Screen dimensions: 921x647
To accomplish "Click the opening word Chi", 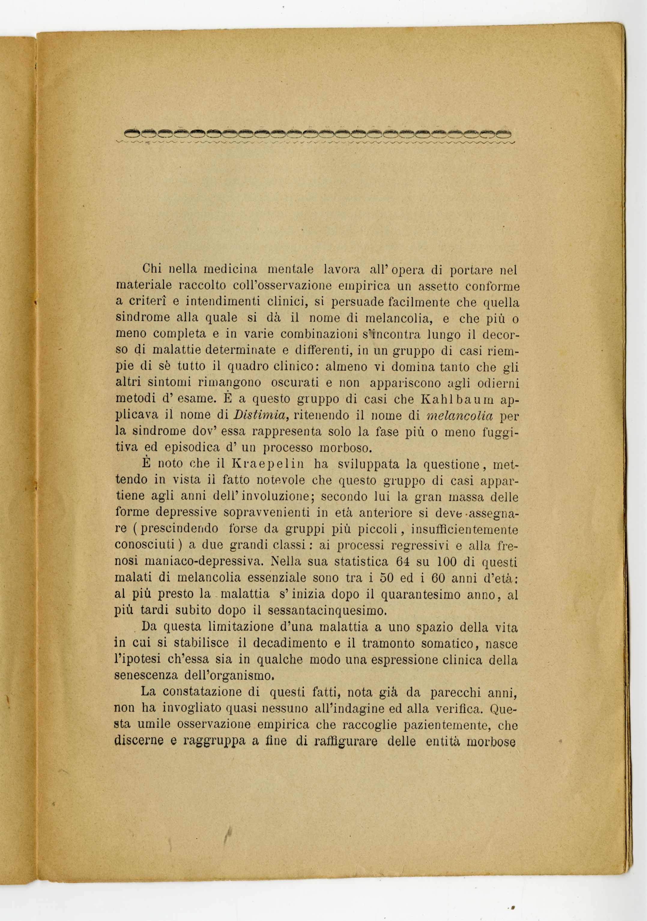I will [x=151, y=268].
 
